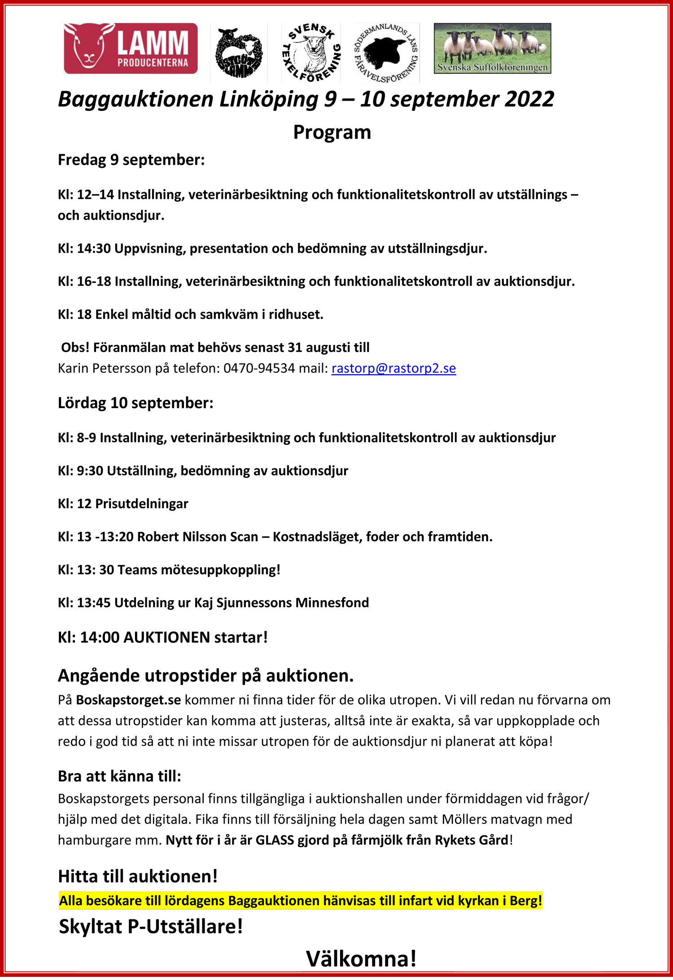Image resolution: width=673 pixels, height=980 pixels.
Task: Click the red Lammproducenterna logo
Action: click(131, 48)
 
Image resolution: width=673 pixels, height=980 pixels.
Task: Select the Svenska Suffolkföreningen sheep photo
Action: click(492, 48)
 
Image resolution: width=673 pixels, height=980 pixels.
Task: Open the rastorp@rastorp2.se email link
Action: click(393, 369)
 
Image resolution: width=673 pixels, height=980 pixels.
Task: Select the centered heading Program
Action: click(332, 132)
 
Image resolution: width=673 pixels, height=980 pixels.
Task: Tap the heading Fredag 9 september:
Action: click(131, 160)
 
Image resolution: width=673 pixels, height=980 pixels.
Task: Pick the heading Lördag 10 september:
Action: click(135, 403)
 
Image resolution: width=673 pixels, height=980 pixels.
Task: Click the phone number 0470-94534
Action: click(259, 369)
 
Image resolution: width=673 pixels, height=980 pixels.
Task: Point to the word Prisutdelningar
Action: click(142, 504)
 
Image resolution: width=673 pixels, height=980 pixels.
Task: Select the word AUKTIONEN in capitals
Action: click(166, 637)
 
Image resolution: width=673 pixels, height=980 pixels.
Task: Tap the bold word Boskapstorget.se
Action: click(128, 700)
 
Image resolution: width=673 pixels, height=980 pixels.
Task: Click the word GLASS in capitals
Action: click(275, 840)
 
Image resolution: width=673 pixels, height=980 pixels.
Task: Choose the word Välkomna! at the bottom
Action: click(361, 959)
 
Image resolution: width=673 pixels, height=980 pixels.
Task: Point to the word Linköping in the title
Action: click(269, 99)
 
